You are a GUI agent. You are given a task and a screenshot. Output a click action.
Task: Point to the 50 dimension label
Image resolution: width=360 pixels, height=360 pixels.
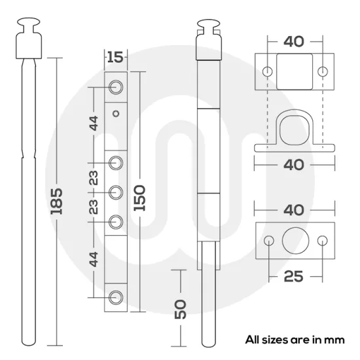click(x=181, y=308)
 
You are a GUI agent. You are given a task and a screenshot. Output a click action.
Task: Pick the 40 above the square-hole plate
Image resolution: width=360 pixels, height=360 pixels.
click(x=294, y=42)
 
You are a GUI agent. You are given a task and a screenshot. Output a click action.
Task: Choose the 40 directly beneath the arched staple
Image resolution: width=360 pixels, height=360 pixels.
click(x=294, y=164)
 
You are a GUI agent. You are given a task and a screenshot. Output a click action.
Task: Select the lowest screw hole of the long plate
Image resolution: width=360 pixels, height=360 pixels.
click(x=116, y=297)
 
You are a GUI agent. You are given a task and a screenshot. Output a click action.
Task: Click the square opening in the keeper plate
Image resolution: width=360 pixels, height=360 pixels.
click(x=294, y=71)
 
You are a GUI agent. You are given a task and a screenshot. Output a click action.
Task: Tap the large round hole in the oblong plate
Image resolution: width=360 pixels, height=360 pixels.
click(x=294, y=241)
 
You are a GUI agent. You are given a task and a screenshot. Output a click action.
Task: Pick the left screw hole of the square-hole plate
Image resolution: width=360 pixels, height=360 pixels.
click(x=266, y=71)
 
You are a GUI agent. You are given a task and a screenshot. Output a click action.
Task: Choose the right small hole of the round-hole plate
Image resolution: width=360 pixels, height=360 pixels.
click(x=321, y=241)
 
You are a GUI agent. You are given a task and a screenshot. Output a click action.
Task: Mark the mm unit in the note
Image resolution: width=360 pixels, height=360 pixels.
click(x=335, y=340)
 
